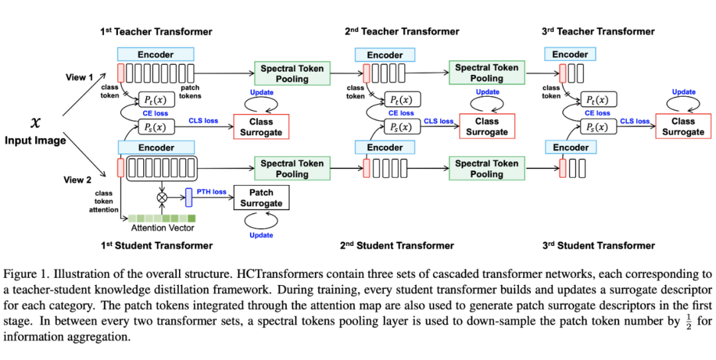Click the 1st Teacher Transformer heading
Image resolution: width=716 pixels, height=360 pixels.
coord(156,31)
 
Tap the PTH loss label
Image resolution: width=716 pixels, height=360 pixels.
coord(211,192)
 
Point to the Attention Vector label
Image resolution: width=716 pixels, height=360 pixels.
coord(162,228)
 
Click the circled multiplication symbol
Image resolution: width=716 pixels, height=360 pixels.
coord(160,197)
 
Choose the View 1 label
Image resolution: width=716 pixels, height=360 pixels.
coord(80,77)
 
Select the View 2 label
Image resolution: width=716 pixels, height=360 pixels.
coord(78,180)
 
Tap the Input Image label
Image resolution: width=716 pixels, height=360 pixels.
coord(36,141)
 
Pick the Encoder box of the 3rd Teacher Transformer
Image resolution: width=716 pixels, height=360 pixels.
coord(570,54)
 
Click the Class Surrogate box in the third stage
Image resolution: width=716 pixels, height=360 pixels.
coord(683,126)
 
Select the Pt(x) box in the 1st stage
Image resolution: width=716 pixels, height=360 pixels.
coord(156,99)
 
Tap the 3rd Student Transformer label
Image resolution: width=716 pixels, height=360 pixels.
coord(599,245)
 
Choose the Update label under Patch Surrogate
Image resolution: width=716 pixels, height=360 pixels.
coord(261,235)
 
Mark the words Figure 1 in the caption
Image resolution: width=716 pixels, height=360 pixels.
coord(25,274)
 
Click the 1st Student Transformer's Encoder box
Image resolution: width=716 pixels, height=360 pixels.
coord(156,148)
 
